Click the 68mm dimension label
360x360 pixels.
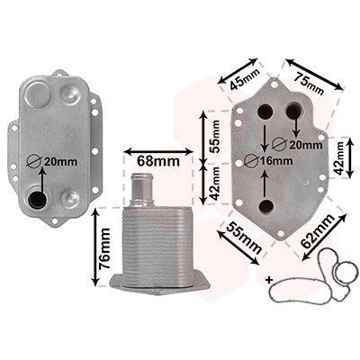[x=158, y=161]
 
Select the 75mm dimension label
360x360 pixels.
[x=309, y=84]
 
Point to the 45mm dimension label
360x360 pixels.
[x=245, y=79]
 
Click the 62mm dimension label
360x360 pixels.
[x=318, y=231]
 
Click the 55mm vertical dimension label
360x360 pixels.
[x=214, y=137]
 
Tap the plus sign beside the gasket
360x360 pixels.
[x=269, y=280]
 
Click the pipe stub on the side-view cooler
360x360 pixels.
[x=142, y=189]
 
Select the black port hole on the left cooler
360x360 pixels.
[x=37, y=199]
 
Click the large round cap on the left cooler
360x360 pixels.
[x=37, y=94]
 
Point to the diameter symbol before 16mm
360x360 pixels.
[x=251, y=161]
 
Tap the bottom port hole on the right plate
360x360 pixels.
[x=266, y=206]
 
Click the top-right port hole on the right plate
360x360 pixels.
[x=293, y=111]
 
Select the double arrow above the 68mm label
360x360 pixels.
[x=158, y=152]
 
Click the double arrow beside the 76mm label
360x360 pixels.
[x=95, y=247]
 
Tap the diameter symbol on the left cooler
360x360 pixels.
[x=33, y=162]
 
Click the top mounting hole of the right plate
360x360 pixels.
[x=274, y=85]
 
